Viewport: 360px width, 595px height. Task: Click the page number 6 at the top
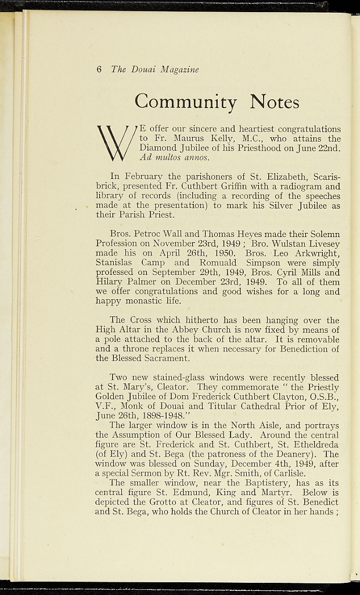pyautogui.click(x=99, y=69)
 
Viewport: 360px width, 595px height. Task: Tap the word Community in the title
pyautogui.click(x=185, y=102)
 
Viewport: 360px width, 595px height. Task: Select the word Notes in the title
pyautogui.click(x=275, y=102)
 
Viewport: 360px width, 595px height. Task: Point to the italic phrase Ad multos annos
pyautogui.click(x=174, y=157)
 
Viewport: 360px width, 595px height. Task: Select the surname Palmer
pyautogui.click(x=136, y=282)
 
